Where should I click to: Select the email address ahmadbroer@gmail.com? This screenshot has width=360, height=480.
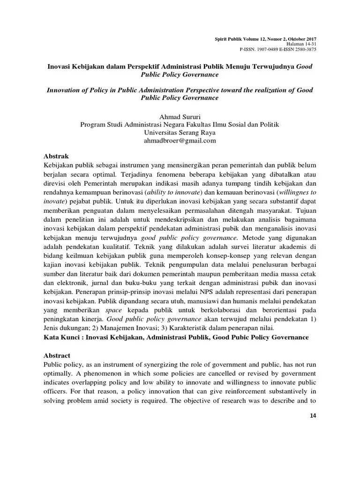click(180, 140)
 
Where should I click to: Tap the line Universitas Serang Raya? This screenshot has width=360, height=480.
click(180, 132)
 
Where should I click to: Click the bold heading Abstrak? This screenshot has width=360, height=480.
click(56, 157)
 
